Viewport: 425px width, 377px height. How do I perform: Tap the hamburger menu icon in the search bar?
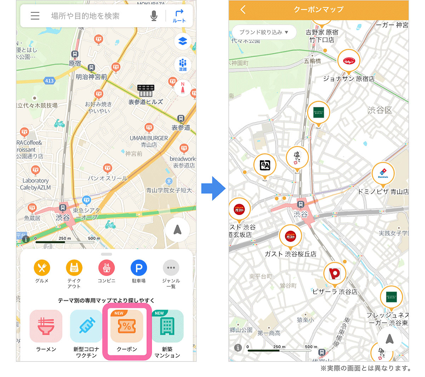pyautogui.click(x=35, y=16)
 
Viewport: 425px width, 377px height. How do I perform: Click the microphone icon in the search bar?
pyautogui.click(x=154, y=16)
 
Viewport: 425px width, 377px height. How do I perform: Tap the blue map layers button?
pyautogui.click(x=183, y=41)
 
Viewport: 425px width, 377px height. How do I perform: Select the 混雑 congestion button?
pyautogui.click(x=183, y=65)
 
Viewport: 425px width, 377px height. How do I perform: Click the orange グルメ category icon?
pyautogui.click(x=42, y=268)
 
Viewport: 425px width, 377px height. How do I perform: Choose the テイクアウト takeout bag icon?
pyautogui.click(x=74, y=268)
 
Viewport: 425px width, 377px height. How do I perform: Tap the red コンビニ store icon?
pyautogui.click(x=107, y=268)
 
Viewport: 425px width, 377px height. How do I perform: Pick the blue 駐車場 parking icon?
pyautogui.click(x=139, y=268)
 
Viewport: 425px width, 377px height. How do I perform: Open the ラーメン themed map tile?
pyautogui.click(x=46, y=326)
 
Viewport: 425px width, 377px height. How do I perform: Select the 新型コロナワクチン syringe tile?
pyautogui.click(x=86, y=326)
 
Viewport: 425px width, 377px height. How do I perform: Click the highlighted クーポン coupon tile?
pyautogui.click(x=127, y=326)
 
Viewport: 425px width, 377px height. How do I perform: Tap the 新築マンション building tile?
pyautogui.click(x=167, y=326)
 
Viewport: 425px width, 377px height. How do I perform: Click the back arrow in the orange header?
pyautogui.click(x=243, y=10)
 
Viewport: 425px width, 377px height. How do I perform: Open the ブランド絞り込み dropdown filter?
pyautogui.click(x=264, y=32)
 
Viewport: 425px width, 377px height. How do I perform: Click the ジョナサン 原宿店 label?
pyautogui.click(x=348, y=79)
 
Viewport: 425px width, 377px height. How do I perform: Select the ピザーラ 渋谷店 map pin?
pyautogui.click(x=335, y=274)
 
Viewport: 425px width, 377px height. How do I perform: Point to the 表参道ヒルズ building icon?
pyautogui.click(x=146, y=91)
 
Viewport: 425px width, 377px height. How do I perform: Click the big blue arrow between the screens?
pyautogui.click(x=213, y=188)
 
